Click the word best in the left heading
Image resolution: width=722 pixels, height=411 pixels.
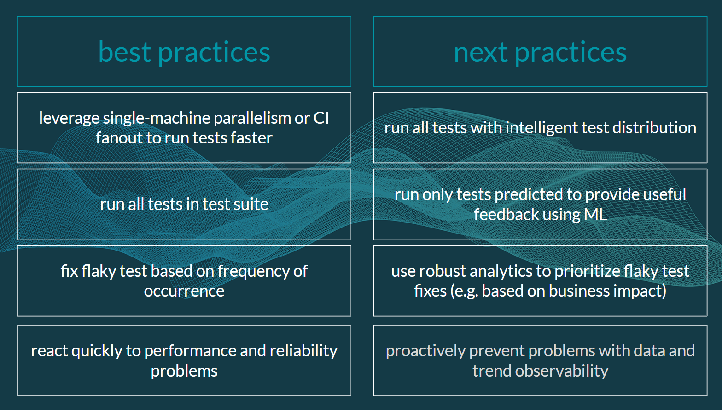(x=125, y=52)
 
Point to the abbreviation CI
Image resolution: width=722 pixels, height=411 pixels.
(x=321, y=118)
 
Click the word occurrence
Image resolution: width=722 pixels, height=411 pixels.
(x=184, y=291)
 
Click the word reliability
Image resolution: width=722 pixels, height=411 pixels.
(x=303, y=351)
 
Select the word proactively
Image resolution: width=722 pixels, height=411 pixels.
(x=425, y=351)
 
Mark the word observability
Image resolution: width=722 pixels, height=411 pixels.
(x=561, y=371)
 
